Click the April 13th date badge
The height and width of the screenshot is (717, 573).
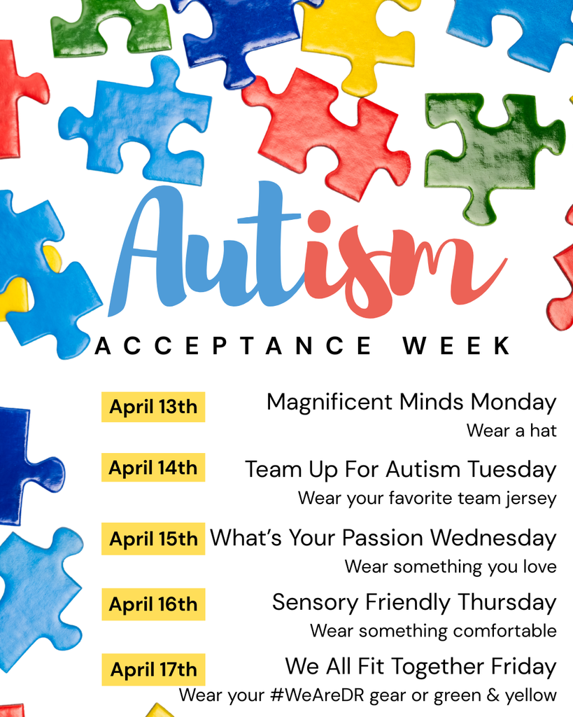(x=153, y=407)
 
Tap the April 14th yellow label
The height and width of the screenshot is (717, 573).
(x=153, y=468)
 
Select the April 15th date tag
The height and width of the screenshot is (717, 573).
(x=153, y=538)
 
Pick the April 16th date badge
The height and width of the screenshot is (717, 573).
(x=153, y=604)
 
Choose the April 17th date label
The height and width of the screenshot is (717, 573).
(x=153, y=669)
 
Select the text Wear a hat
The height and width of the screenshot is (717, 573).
(x=511, y=431)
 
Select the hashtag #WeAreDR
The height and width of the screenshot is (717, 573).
(x=312, y=695)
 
